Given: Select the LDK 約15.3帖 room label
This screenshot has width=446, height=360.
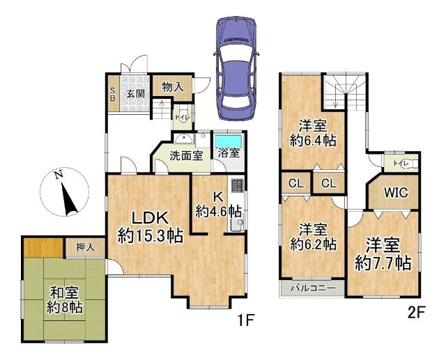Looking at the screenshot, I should (x=150, y=226).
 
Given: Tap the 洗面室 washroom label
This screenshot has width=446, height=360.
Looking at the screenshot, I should (x=187, y=155).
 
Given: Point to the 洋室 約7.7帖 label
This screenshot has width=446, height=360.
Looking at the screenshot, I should (x=383, y=254).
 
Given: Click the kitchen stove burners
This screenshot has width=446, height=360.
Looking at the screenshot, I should (x=237, y=186).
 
